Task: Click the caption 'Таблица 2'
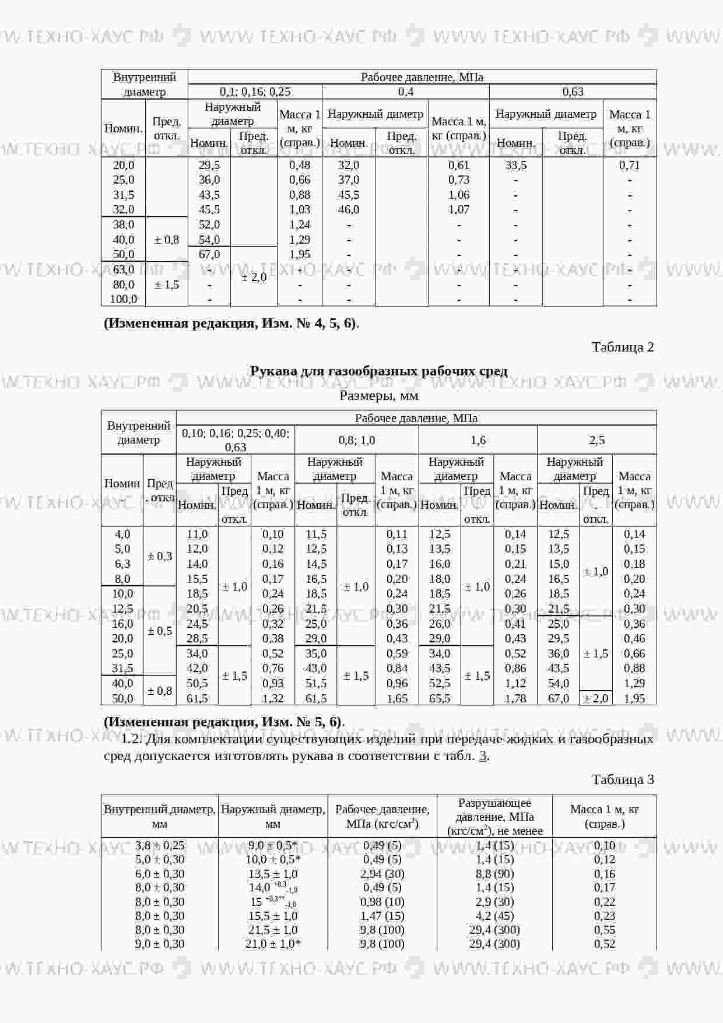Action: [623, 347]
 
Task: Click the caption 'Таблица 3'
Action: [623, 780]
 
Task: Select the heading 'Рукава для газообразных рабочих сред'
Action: [378, 371]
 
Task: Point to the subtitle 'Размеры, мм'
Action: [378, 396]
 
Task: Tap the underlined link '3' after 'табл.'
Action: [483, 757]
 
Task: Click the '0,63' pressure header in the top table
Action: [573, 92]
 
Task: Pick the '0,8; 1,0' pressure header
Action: [357, 440]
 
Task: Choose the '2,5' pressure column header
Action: [597, 440]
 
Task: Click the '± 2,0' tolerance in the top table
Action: [254, 277]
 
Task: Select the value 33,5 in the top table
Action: [515, 166]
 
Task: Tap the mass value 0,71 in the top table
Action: [630, 166]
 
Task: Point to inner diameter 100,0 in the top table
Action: [123, 300]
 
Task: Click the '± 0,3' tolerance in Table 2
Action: [160, 557]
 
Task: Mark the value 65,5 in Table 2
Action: [440, 698]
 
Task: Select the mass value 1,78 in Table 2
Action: [515, 698]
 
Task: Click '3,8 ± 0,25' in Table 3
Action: [160, 846]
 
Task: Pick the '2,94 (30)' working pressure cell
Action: [382, 874]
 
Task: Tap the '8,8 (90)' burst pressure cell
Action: [494, 874]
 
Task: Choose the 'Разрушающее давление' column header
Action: [494, 817]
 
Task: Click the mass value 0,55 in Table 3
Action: [605, 930]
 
